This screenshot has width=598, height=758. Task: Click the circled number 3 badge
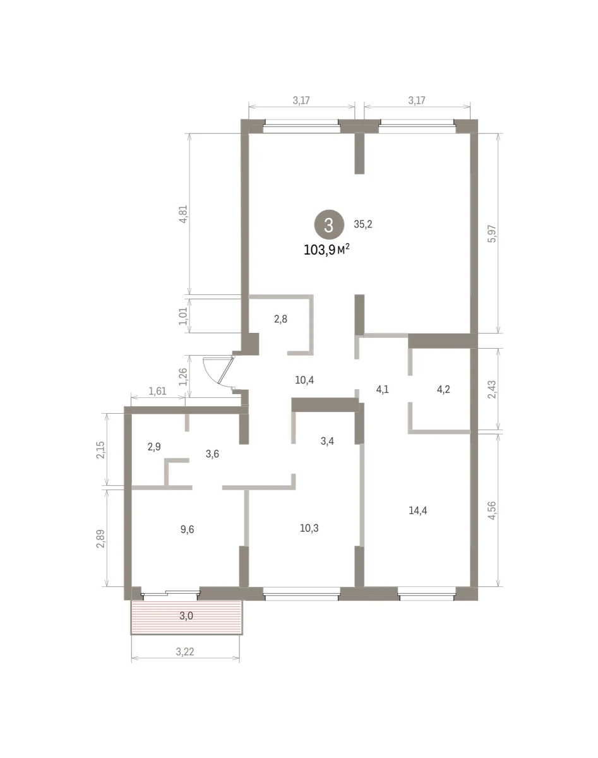[329, 224]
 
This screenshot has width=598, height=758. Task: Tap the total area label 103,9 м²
[327, 250]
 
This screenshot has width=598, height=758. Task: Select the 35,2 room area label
[362, 224]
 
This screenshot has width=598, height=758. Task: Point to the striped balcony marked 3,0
[187, 617]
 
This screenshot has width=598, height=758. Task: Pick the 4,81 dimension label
[184, 214]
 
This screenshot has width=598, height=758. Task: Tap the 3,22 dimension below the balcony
[185, 652]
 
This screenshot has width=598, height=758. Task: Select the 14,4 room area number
[417, 510]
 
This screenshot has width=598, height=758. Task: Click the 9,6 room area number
[187, 529]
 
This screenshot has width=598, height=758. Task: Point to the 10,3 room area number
[309, 528]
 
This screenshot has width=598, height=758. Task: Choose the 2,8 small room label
[280, 319]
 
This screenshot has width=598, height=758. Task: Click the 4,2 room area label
[443, 390]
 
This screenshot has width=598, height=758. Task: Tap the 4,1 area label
[383, 390]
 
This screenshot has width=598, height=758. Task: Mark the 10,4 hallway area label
[304, 380]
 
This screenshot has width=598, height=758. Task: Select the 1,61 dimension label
[157, 391]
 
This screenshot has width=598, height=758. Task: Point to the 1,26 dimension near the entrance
[184, 377]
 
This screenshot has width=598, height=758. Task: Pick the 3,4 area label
[327, 441]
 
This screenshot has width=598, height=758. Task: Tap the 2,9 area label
[154, 447]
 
